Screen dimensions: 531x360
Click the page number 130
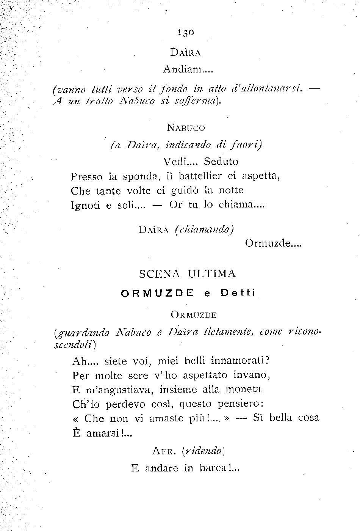(x=186, y=33)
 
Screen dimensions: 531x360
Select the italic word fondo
(x=173, y=90)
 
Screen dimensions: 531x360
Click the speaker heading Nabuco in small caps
(x=186, y=128)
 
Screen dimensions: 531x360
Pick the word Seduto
(x=221, y=162)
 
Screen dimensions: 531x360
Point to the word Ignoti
(x=85, y=205)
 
